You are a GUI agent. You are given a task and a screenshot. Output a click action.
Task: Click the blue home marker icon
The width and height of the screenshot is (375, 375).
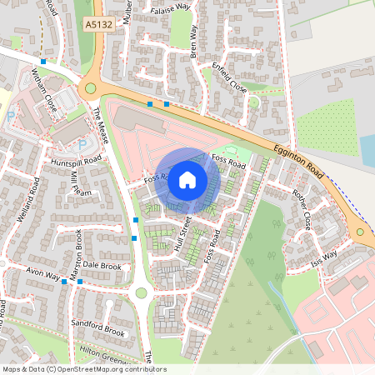pos(187,178)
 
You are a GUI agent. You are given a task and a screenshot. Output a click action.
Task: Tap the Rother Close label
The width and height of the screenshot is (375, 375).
pos(302,210)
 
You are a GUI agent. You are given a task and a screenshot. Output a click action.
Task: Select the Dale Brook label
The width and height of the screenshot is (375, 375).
pos(103,267)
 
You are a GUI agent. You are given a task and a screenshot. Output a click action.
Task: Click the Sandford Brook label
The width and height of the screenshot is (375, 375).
pos(98,332)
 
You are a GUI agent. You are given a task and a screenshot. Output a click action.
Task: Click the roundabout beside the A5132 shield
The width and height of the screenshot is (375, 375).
pos(90,88)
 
